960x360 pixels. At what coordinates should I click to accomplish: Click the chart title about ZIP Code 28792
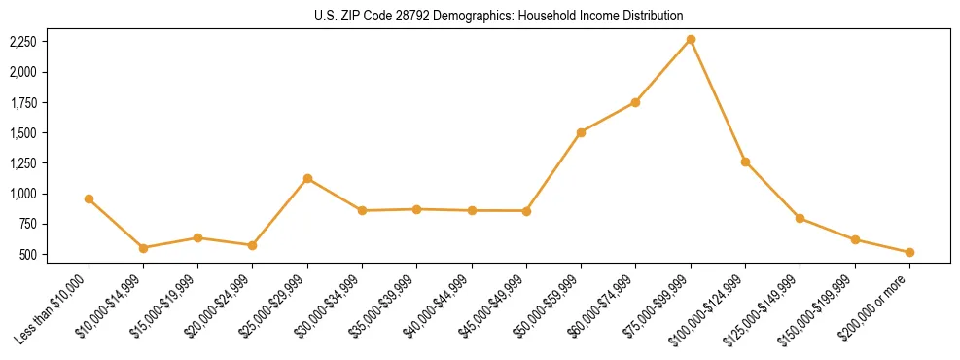(499, 16)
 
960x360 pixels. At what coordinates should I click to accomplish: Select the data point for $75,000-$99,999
(691, 39)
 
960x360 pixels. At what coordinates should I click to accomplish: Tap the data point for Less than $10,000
(89, 198)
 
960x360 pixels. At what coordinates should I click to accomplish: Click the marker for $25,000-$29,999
(307, 178)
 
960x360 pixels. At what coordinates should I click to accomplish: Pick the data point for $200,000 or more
(909, 252)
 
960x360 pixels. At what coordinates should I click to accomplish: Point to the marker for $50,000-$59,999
(581, 132)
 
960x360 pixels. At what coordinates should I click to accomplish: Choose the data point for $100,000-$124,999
(745, 162)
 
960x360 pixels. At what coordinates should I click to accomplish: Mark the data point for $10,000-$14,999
(143, 248)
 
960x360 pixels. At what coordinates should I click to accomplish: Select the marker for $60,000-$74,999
(635, 102)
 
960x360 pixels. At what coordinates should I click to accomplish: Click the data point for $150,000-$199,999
(855, 239)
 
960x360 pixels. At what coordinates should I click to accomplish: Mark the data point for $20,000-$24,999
(252, 245)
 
